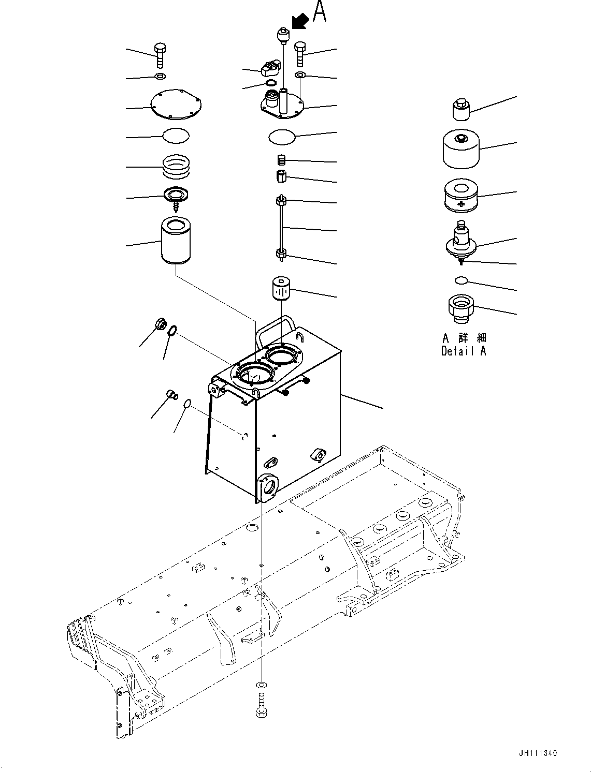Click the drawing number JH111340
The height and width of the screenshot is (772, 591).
pos(536,753)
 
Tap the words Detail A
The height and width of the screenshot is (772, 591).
pos(464,351)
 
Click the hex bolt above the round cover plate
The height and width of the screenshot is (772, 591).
pos(160,55)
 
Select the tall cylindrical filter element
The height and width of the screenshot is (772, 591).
pos(176,241)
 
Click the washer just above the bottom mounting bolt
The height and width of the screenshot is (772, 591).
pos(261,685)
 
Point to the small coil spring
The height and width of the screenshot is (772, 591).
pos(282,160)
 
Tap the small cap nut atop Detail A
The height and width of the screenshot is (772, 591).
pos(459,109)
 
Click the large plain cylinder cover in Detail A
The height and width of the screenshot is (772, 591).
pos(460,148)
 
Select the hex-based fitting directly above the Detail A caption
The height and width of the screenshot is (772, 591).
pos(460,308)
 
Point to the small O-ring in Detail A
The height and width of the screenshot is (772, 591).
pos(460,280)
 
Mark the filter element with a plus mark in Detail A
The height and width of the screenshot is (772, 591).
pos(460,197)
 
